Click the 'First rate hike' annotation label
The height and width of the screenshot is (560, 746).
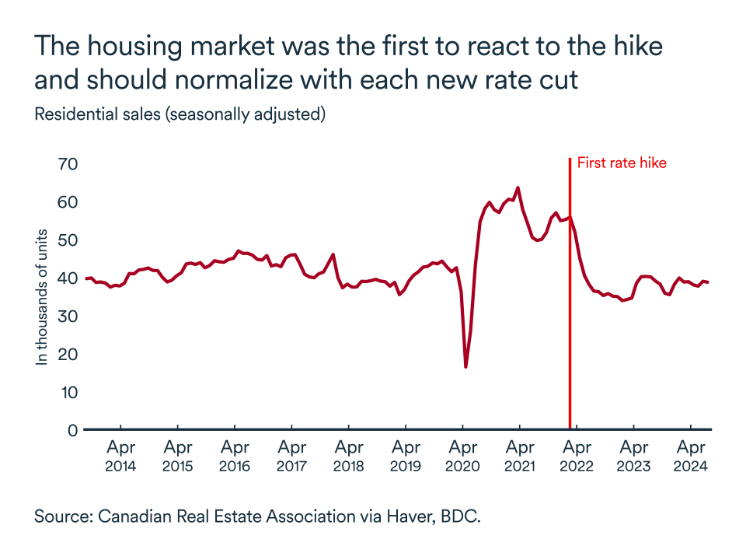pos(622,163)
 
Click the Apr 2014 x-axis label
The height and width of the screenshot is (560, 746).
pos(120,457)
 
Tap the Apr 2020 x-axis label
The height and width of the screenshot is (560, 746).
pos(462,457)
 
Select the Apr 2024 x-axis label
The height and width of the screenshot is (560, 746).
pos(691,457)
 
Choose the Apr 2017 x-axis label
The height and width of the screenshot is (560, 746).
pos(291,457)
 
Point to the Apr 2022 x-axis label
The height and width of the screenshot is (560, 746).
pos(577,457)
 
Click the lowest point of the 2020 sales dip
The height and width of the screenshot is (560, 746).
pos(466,366)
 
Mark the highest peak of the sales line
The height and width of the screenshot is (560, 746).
pos(518,187)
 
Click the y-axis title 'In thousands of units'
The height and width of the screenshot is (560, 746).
pos(43,297)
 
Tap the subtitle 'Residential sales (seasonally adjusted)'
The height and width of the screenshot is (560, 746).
pos(180,114)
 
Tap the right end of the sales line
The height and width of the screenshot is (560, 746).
pos(708,282)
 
